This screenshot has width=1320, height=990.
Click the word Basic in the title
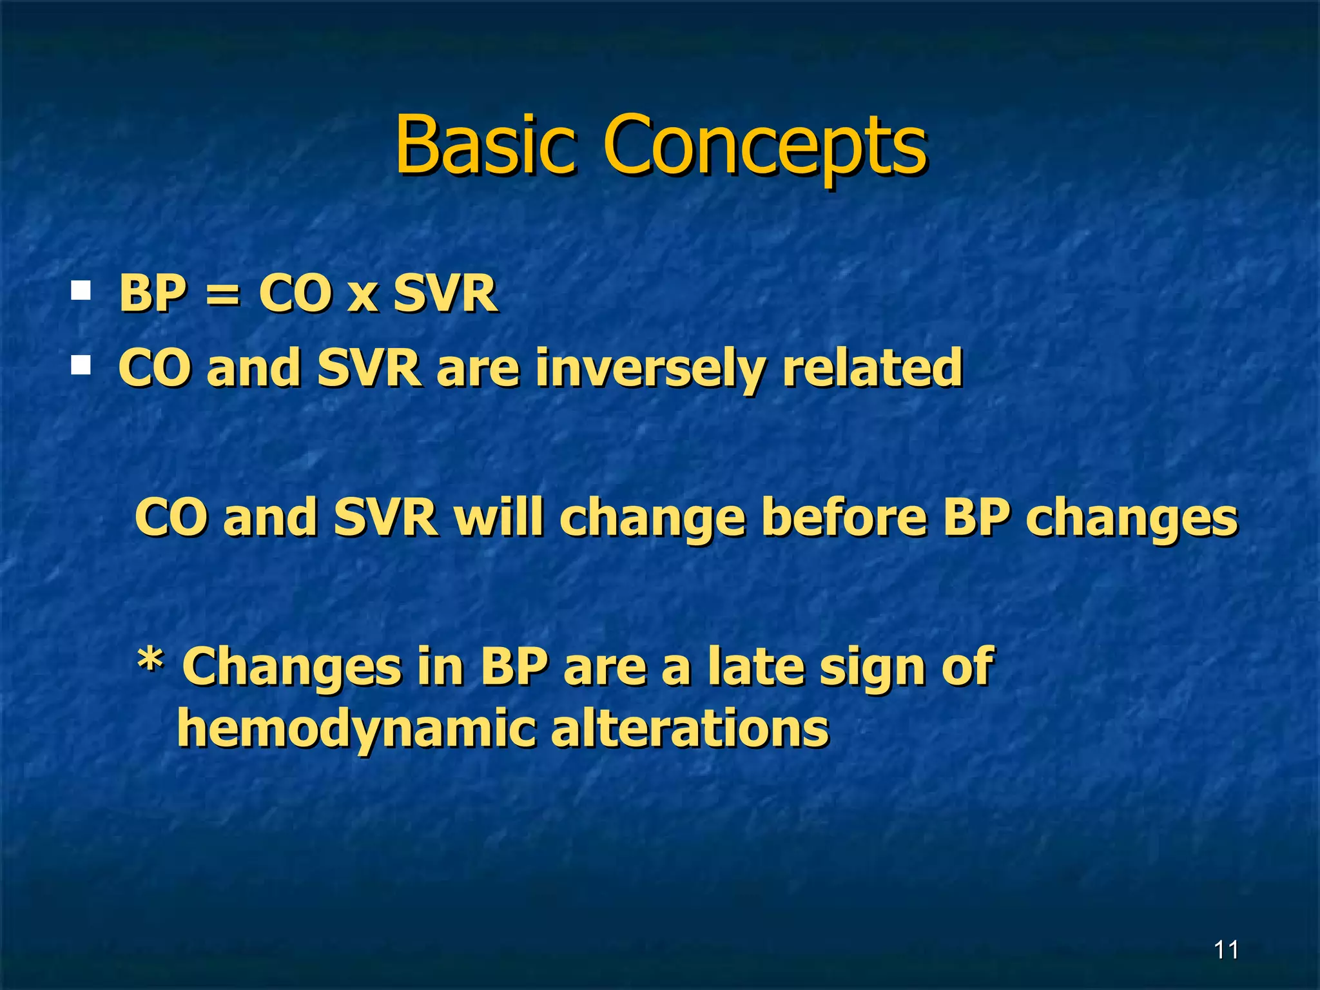coord(485,145)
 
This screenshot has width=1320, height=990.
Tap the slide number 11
coord(1226,950)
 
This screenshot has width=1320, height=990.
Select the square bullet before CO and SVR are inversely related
coord(81,365)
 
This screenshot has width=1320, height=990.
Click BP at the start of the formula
coord(152,293)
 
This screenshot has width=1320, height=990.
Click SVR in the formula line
coord(445,293)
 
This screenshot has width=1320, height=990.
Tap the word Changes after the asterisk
coord(291,668)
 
